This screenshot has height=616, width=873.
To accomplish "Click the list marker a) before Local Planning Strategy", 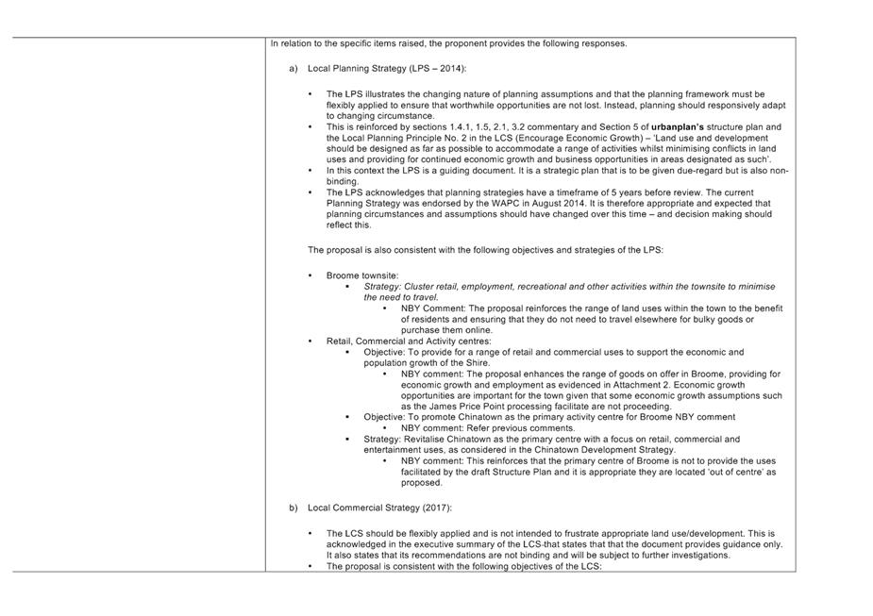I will click(x=294, y=69).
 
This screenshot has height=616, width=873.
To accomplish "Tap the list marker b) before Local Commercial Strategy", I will click(x=294, y=508).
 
